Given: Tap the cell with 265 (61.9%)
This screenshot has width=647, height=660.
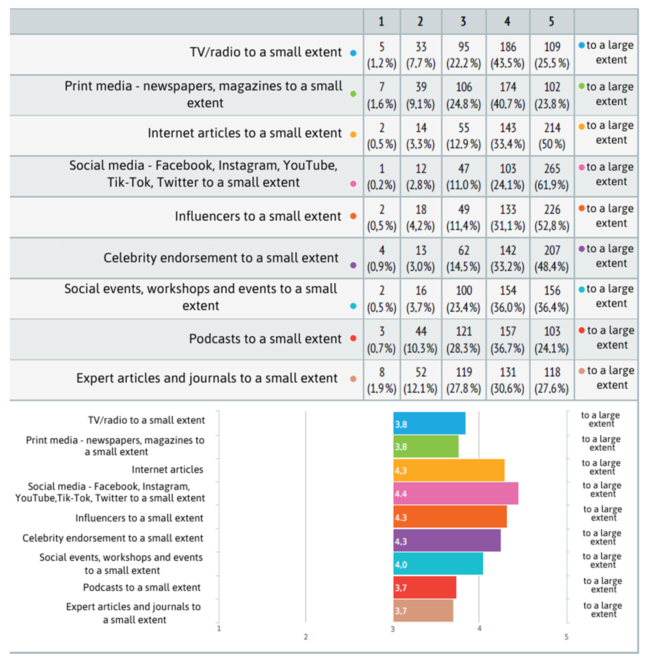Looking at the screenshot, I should [551, 177].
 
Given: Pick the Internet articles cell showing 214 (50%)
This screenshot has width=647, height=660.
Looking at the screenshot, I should [551, 136].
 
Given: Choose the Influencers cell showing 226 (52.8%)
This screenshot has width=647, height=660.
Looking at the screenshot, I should [551, 217].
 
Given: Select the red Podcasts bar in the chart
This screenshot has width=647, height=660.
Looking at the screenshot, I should [425, 587].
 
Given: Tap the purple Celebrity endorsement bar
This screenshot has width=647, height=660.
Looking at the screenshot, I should [447, 540].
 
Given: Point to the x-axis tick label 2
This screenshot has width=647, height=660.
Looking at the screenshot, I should [305, 637].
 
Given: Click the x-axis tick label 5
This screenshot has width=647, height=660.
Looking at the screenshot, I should [566, 637].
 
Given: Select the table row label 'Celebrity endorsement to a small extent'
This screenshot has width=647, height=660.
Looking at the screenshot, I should [221, 258].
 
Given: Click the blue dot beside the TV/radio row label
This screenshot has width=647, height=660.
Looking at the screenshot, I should [353, 53].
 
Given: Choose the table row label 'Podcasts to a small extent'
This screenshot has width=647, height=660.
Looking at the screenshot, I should [265, 339].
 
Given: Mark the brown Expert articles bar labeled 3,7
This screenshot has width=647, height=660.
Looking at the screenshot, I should [423, 611].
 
